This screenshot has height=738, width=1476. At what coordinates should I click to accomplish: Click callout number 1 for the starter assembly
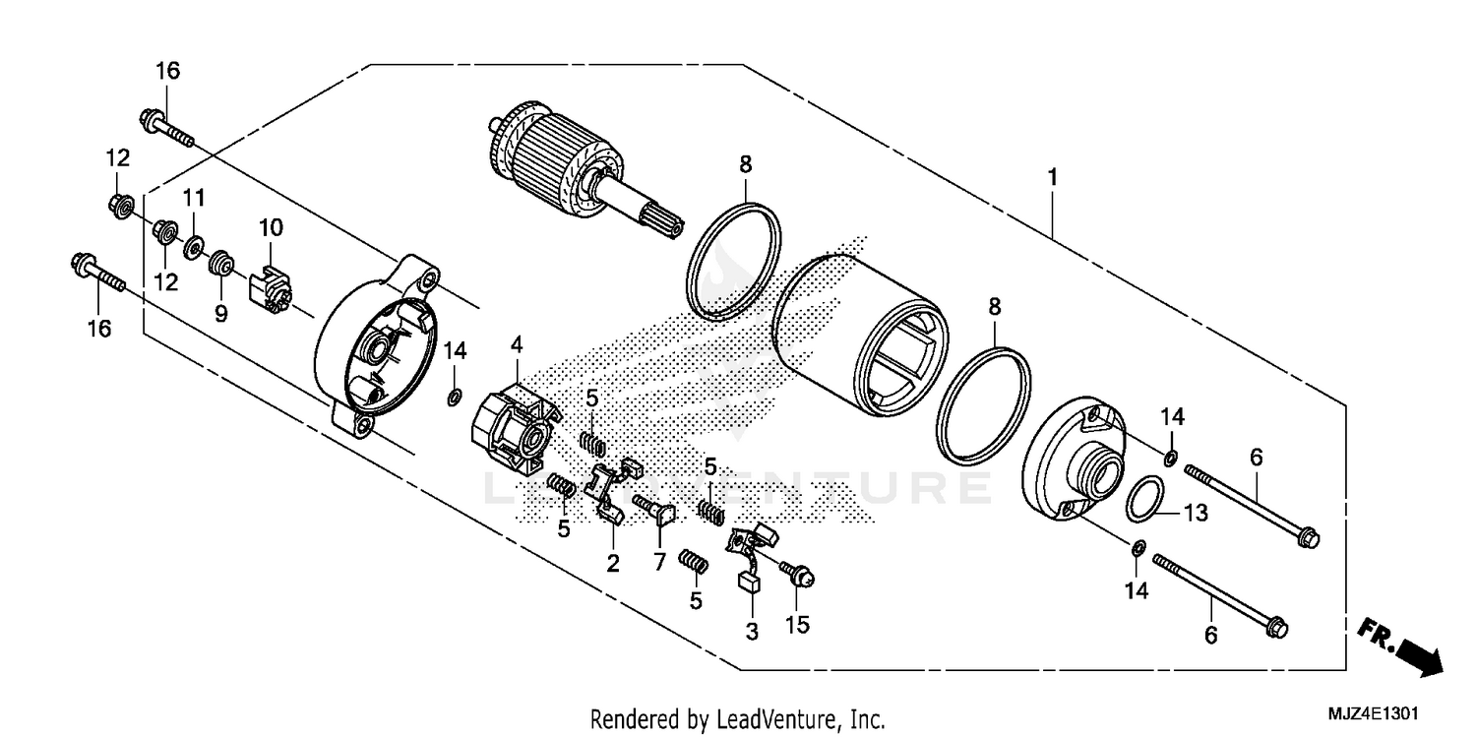tap(1052, 178)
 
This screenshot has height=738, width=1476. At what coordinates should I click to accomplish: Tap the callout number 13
tap(1195, 513)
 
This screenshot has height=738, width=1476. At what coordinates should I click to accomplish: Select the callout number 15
tap(797, 625)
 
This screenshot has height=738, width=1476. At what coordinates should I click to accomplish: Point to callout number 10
tap(271, 227)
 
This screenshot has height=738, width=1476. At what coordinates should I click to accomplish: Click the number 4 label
tap(516, 344)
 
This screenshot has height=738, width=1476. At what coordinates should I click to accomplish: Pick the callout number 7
tap(659, 562)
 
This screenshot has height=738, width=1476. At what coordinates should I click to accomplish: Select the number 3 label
tap(752, 633)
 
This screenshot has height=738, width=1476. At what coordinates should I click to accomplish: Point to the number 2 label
tap(612, 563)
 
